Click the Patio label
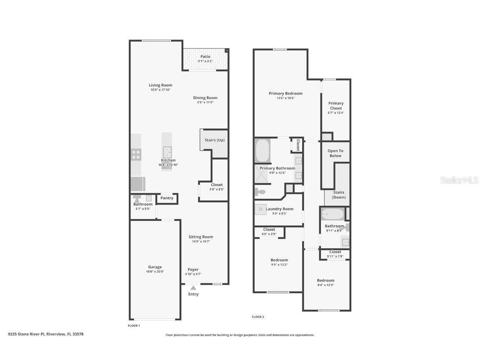[205, 56]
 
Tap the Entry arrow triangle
[193, 287]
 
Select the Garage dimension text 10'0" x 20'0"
[155, 272]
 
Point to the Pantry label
[167, 198]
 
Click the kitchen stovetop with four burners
[136, 155]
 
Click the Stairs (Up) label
[215, 140]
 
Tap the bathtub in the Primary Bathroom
[262, 151]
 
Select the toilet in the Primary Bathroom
[260, 192]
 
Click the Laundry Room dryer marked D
[261, 209]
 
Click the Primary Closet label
[336, 105]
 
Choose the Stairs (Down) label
[338, 195]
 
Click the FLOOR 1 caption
[134, 325]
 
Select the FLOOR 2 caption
[258, 317]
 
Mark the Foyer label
[193, 270]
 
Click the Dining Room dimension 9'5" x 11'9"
[205, 102]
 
